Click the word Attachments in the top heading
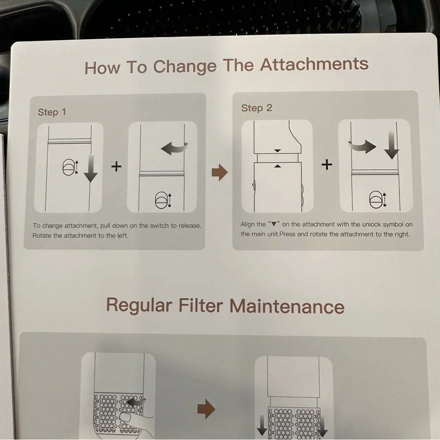pos(314,64)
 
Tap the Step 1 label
pos(52,112)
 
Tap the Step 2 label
pos(257,108)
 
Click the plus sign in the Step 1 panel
pos(116,166)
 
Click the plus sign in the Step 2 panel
pos(326,165)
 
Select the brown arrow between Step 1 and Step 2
pos(220,172)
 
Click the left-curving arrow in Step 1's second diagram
pos(174,148)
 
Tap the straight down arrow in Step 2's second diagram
pos(392,146)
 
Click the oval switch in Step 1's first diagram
pos(68,167)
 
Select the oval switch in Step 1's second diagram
pos(161,200)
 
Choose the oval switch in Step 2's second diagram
pos(376,199)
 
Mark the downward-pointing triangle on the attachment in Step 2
pos(278,151)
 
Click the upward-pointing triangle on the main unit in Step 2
pos(278,166)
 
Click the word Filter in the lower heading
pos(201,305)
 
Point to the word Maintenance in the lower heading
pos(287,306)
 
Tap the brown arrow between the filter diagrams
pos(206,409)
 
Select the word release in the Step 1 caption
pos(190,226)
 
